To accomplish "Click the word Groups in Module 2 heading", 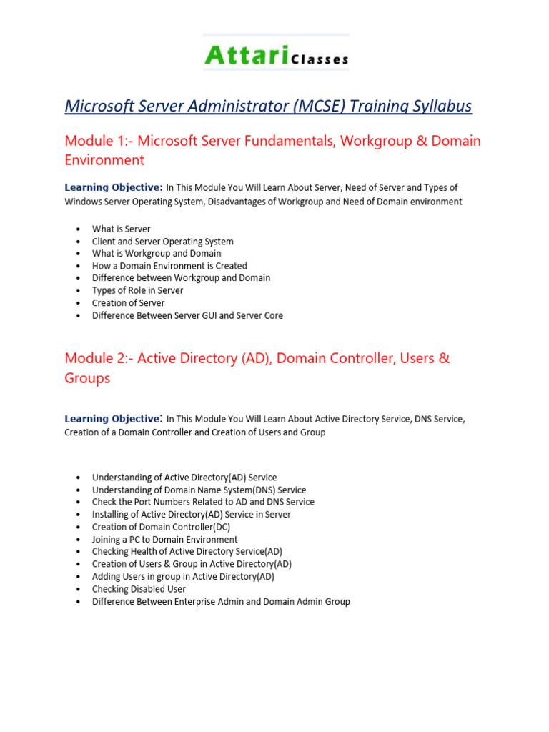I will pyautogui.click(x=87, y=378).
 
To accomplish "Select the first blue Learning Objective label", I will pyautogui.click(x=114, y=188).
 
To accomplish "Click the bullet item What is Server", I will pyautogui.click(x=121, y=229).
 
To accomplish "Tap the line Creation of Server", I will pyautogui.click(x=128, y=302).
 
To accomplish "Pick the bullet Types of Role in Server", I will pyautogui.click(x=137, y=290).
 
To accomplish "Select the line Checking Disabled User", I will pyautogui.click(x=139, y=589).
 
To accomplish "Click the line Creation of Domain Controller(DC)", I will pyautogui.click(x=161, y=527).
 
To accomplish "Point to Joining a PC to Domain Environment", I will pyautogui.click(x=164, y=540).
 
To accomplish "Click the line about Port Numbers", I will pyautogui.click(x=203, y=502).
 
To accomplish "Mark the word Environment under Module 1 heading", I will pyautogui.click(x=104, y=160).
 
